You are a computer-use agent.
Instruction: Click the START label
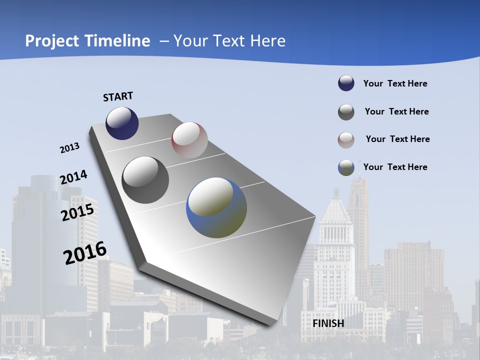118,96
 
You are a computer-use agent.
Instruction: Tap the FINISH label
328,323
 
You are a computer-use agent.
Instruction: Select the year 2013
69,148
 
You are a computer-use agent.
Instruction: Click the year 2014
73,177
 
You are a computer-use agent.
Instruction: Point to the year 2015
77,213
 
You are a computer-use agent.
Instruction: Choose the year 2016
85,253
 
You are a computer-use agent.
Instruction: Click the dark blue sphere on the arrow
122,123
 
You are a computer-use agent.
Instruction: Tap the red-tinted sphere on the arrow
189,140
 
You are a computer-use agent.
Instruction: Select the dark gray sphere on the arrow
145,180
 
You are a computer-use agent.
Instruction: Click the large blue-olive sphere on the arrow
216,207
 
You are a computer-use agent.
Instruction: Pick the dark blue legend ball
346,83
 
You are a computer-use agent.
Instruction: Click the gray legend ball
346,112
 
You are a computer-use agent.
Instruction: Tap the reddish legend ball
346,139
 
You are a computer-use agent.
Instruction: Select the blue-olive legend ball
346,167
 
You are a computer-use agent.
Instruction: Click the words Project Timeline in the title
87,41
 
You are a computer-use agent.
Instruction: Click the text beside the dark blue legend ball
395,83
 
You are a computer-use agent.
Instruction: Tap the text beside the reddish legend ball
397,139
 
